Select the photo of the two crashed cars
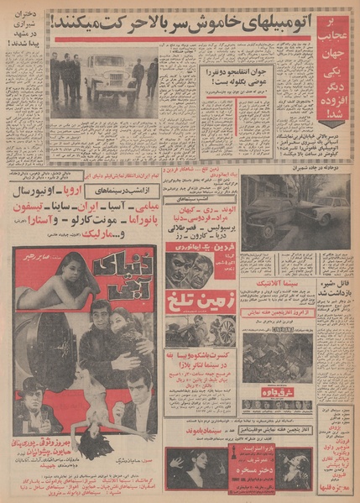point(298,211)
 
